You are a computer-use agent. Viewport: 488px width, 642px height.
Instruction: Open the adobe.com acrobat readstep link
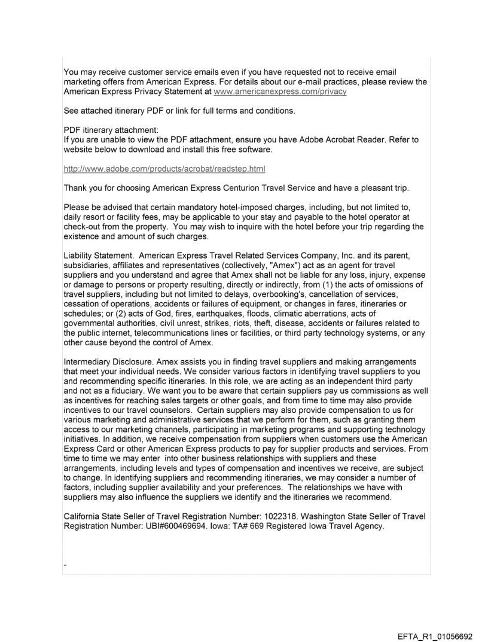coord(164,169)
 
